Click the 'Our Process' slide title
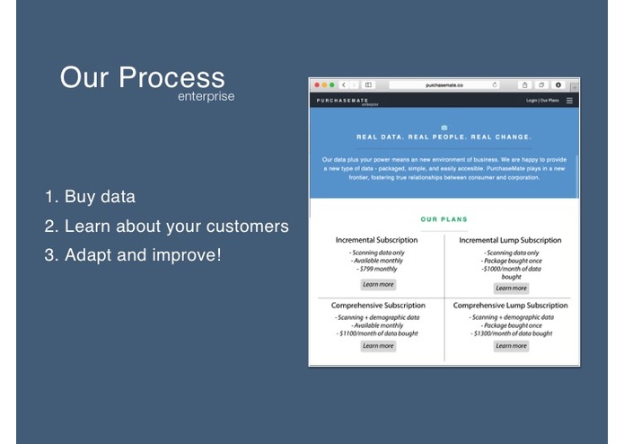point(142,77)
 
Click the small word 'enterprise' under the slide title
point(206,97)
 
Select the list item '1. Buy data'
point(90,197)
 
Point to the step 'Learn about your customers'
point(166,226)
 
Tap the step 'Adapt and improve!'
point(132,254)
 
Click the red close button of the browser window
point(316,85)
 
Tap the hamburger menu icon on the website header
point(569,101)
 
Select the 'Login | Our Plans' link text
point(542,101)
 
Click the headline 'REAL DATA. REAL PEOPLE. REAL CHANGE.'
point(444,138)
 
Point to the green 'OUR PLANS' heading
point(444,219)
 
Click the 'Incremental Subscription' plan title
point(377,240)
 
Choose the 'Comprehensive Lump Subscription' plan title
point(510,306)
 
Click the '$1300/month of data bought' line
point(511,333)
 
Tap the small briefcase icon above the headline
point(444,127)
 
